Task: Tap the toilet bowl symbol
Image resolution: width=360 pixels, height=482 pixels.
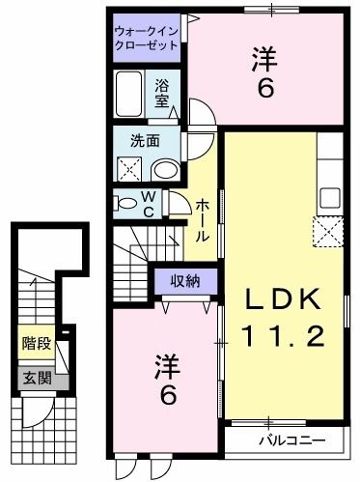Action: pyautogui.click(x=125, y=203)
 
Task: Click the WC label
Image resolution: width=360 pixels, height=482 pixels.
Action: pyautogui.click(x=151, y=205)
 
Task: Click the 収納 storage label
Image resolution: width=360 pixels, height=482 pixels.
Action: pyautogui.click(x=186, y=282)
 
